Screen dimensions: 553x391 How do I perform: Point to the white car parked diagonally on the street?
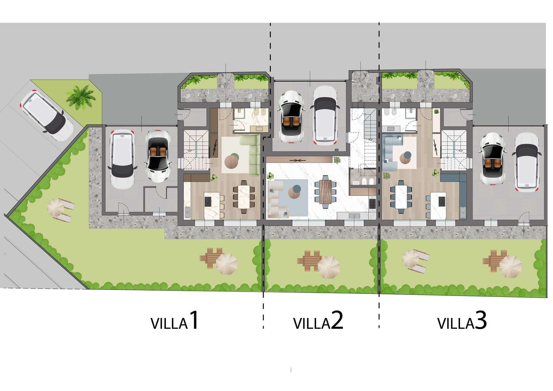tap(47, 115)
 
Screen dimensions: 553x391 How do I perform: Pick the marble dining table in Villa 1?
tap(244, 197)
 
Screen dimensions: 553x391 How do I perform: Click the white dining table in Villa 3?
tap(401, 197)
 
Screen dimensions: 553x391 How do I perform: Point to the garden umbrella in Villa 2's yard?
tap(329, 267)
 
